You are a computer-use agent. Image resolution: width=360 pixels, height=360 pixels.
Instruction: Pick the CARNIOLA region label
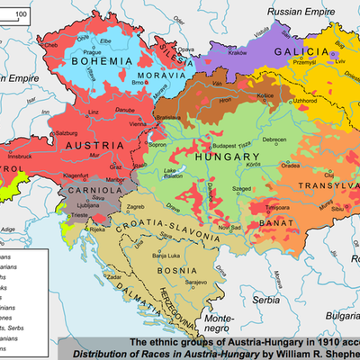point(93,192)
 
